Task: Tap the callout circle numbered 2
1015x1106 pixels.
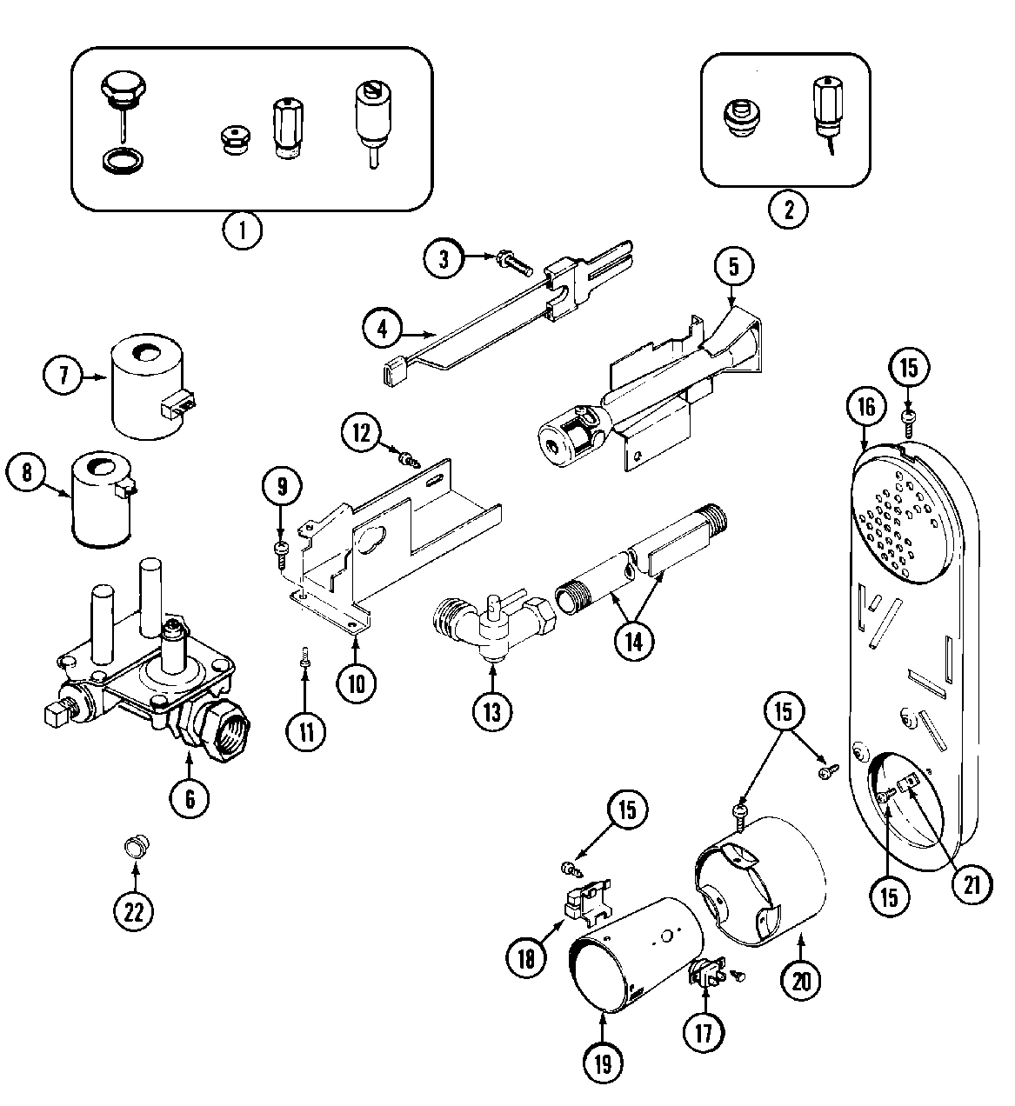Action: point(788,209)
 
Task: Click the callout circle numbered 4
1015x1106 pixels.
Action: point(384,330)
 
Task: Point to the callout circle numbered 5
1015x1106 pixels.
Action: point(733,266)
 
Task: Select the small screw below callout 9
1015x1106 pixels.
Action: point(281,550)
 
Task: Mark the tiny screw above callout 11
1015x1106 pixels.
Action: point(304,660)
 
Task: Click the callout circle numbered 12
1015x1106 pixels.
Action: point(361,432)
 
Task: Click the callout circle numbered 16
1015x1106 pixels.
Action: point(866,406)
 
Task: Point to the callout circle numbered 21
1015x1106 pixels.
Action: point(972,884)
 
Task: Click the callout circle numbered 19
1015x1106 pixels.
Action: point(603,1063)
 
